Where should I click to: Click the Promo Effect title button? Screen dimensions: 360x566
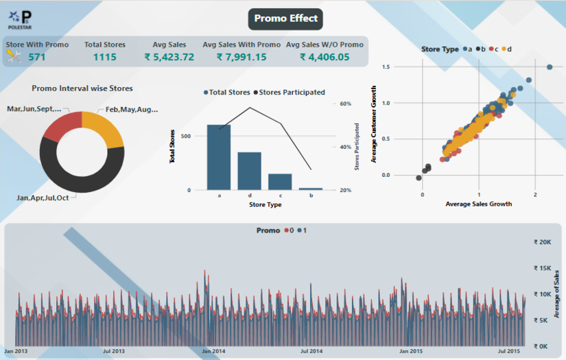click(x=285, y=19)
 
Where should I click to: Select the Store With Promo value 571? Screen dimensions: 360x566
click(x=37, y=57)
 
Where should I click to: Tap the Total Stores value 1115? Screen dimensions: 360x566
click(x=105, y=57)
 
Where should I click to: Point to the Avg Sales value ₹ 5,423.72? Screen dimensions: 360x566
click(x=169, y=57)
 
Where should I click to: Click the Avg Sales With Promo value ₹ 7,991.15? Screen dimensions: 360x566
click(x=241, y=57)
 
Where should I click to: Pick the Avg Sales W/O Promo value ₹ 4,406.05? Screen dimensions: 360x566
click(x=324, y=57)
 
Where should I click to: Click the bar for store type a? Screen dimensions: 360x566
click(x=219, y=157)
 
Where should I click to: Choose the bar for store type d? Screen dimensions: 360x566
click(x=250, y=171)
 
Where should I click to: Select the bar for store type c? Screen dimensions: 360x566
click(x=280, y=182)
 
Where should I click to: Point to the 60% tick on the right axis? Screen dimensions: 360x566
click(x=346, y=104)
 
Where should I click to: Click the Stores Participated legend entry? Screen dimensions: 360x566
click(x=290, y=92)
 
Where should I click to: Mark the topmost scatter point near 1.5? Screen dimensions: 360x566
click(x=549, y=67)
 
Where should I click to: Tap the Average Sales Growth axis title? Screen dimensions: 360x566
click(x=479, y=204)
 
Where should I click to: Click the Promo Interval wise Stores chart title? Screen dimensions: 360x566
click(x=82, y=88)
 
